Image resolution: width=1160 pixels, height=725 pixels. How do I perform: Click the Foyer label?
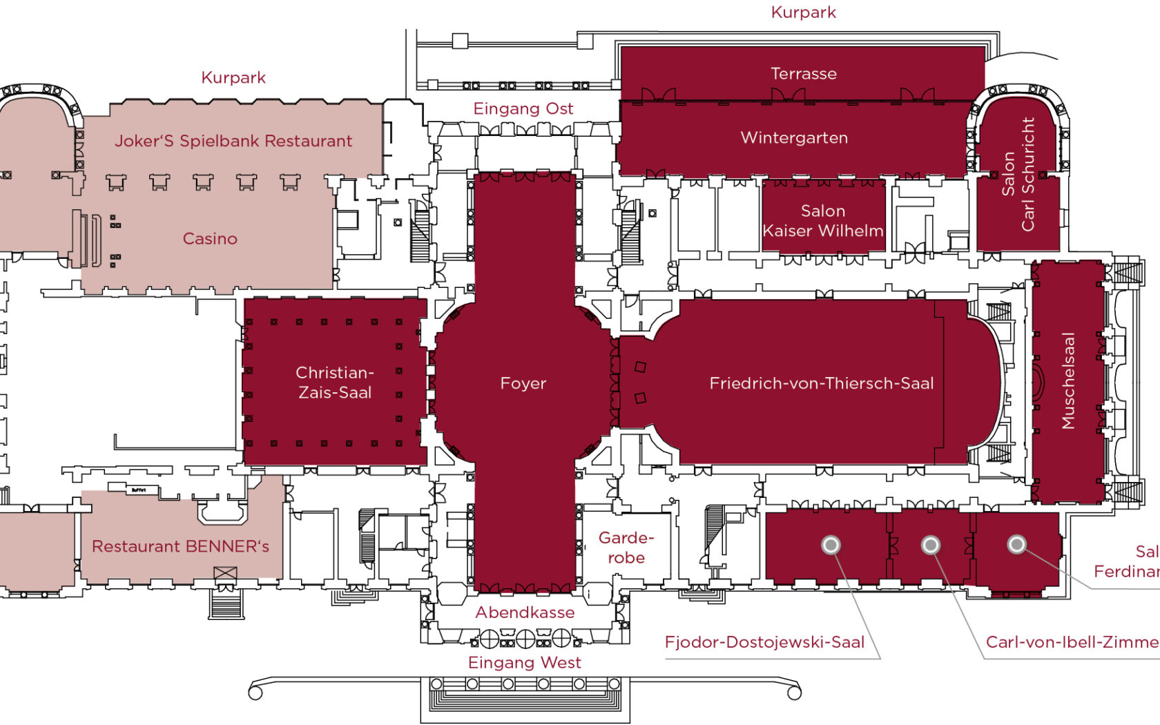point(523,383)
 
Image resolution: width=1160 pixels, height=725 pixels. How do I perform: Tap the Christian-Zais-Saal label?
point(335,383)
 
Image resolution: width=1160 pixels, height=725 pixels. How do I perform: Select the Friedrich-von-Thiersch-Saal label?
point(821,383)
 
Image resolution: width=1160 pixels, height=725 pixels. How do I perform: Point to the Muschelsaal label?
point(1068,380)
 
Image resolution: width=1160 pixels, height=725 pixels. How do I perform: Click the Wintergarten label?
point(794,137)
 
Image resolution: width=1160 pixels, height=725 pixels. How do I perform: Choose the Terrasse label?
point(804,73)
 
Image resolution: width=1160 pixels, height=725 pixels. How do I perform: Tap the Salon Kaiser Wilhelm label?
point(823,221)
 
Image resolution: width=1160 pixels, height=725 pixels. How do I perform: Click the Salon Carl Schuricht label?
point(1019,174)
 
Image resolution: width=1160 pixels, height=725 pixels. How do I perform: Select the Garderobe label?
point(626,548)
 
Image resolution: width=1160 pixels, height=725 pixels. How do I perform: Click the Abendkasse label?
point(525,612)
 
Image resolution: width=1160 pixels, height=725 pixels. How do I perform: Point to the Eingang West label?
point(525,663)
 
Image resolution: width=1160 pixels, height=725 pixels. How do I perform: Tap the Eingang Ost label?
point(523,108)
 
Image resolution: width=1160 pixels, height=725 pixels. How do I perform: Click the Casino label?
point(210,238)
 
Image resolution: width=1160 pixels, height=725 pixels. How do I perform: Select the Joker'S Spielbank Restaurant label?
point(233,141)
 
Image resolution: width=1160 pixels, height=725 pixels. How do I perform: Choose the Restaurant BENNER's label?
point(180,546)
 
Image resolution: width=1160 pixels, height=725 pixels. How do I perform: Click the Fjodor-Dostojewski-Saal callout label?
point(764,642)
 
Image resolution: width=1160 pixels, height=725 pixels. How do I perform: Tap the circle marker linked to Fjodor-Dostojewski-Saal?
point(831,545)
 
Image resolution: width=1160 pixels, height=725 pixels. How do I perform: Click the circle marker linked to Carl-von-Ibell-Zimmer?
point(931,545)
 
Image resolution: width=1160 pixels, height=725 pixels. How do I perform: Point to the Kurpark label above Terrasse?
point(804,12)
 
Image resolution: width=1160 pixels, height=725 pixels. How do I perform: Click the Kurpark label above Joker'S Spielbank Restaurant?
point(233,77)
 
